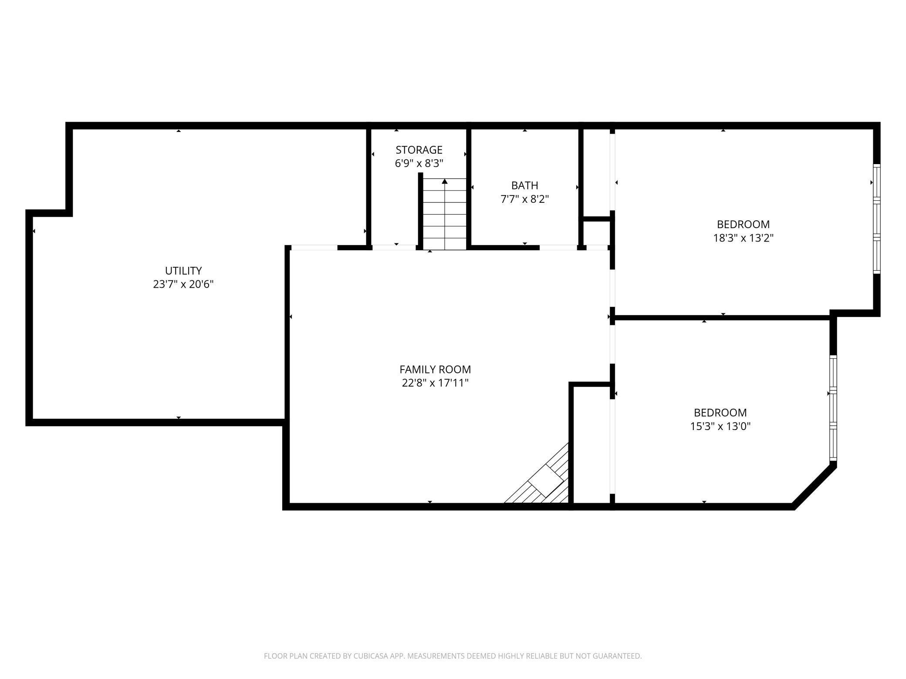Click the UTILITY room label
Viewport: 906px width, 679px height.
pos(183,270)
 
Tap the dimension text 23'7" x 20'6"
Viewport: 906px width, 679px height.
pos(183,284)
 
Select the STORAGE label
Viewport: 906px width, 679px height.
pos(419,150)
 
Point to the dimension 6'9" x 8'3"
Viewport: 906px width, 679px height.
pos(419,164)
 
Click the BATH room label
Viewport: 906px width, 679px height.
pos(524,185)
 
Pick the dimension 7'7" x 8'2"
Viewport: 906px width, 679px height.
pos(524,199)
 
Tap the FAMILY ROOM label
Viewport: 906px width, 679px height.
pos(435,370)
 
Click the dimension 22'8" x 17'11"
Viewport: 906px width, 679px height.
pos(435,383)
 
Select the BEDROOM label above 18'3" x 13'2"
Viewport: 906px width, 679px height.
pos(743,224)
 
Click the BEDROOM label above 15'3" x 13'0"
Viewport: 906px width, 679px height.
pos(720,413)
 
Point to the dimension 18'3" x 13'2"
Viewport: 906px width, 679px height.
pos(743,238)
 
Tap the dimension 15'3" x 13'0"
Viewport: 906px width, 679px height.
pos(720,426)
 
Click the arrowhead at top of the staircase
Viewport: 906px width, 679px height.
pos(445,181)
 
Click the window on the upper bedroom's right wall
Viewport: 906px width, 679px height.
pos(876,218)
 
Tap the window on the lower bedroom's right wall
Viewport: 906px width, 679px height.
pos(833,408)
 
